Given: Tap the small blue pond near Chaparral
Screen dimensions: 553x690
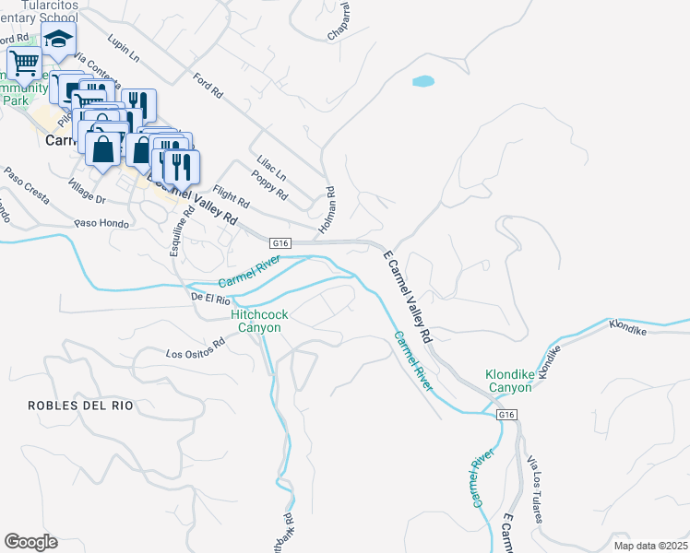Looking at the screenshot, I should point(422,81).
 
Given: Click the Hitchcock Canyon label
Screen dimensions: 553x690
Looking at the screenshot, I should point(259,321).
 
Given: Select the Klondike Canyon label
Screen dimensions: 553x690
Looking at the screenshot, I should point(509,382).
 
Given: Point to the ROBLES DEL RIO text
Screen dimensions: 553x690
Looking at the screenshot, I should point(80,405).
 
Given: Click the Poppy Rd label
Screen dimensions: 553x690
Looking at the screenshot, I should point(269,184).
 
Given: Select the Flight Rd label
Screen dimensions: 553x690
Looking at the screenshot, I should point(231,196).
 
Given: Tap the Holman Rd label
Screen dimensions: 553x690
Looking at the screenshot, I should point(326,209).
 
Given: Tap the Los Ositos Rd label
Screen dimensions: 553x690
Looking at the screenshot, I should point(196,350).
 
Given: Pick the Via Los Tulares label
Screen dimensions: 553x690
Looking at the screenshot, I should point(532,488).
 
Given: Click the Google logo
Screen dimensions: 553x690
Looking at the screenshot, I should point(30,542).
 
